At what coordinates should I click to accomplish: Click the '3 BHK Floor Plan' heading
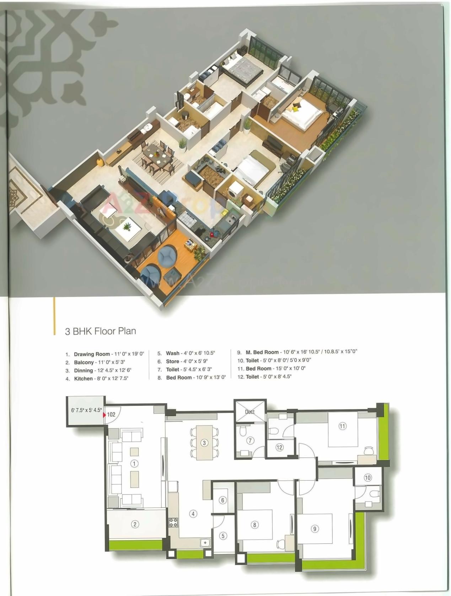(100, 331)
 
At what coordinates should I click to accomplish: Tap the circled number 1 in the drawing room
(134, 463)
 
